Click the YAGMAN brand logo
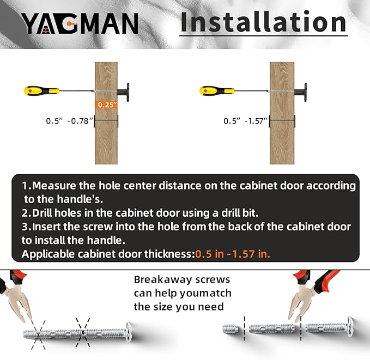pyautogui.click(x=80, y=23)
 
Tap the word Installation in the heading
pyautogui.click(x=263, y=22)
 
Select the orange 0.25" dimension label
pyautogui.click(x=107, y=105)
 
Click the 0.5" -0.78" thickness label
pyautogui.click(x=69, y=121)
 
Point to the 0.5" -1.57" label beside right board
pyautogui.click(x=245, y=121)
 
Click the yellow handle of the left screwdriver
pyautogui.click(x=41, y=91)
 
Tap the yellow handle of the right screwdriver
pyautogui.click(x=217, y=91)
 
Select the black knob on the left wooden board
pyautogui.click(x=124, y=92)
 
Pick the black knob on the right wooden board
pyautogui.click(x=301, y=92)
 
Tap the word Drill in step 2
pyautogui.click(x=42, y=213)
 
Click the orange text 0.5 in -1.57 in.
pyautogui.click(x=233, y=254)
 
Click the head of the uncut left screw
pyautogui.click(x=129, y=332)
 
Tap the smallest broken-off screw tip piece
pyautogui.click(x=231, y=329)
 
